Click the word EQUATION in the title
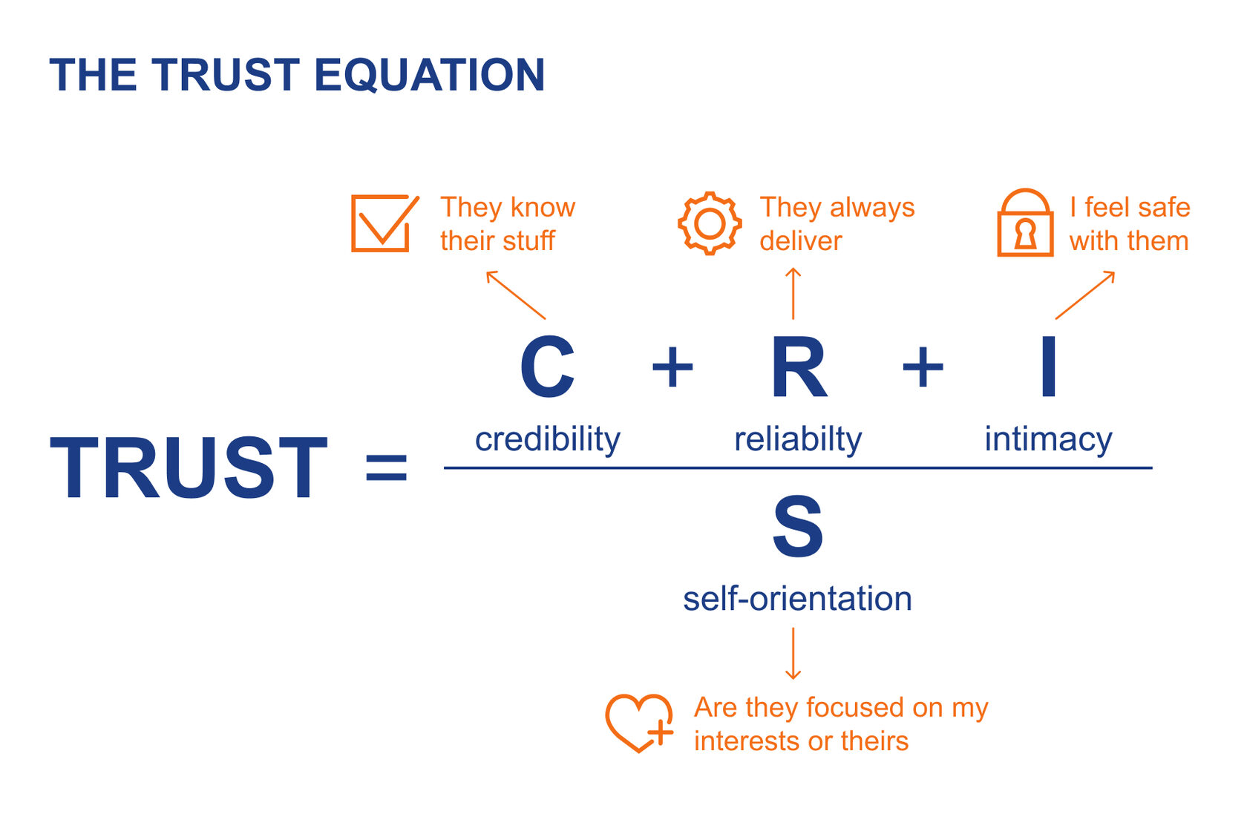tap(430, 75)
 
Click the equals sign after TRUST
tap(387, 467)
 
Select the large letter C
tap(547, 367)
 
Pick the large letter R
tap(799, 367)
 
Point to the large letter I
tap(1048, 367)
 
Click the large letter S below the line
tap(798, 528)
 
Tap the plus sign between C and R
tap(672, 367)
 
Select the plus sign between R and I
tap(923, 367)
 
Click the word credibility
tap(547, 439)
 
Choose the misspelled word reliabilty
tap(798, 439)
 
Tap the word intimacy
tap(1048, 439)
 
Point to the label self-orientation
tap(797, 599)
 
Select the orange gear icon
tap(710, 223)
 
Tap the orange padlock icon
tap(1025, 223)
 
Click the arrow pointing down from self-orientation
tap(793, 654)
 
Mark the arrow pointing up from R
tap(793, 294)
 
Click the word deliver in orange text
tap(801, 241)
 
